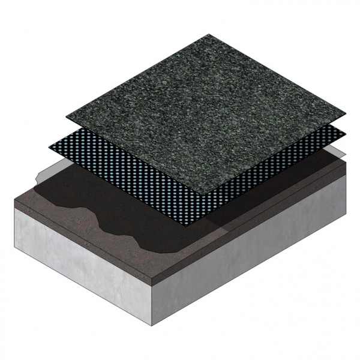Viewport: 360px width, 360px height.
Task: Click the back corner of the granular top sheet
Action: (x=208, y=34)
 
